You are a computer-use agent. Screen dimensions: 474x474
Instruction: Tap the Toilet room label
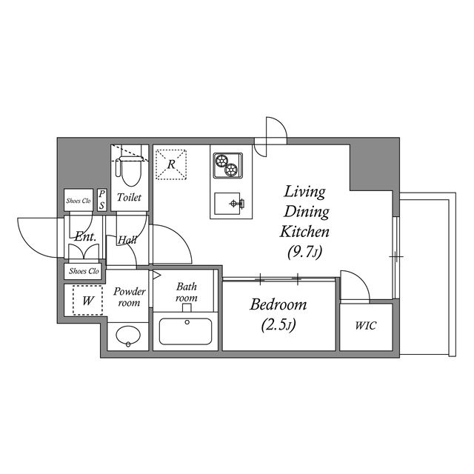129,198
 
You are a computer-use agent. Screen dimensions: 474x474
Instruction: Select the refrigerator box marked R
171,164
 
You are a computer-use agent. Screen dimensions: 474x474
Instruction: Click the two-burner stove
228,165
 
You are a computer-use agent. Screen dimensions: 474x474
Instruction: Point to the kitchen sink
229,204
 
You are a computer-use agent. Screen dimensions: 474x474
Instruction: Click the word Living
304,192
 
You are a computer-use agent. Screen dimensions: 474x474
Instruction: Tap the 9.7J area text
304,252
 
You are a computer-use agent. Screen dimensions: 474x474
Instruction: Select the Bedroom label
278,304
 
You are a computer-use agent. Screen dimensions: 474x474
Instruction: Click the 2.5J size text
278,325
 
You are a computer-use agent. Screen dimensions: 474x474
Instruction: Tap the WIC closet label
366,326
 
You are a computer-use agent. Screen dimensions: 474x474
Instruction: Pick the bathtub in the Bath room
185,331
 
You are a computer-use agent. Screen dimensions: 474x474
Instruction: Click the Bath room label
186,292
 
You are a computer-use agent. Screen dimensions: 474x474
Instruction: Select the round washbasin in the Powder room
128,336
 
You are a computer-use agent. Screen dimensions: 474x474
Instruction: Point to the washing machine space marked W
87,301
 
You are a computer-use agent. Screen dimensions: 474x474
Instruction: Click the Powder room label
130,297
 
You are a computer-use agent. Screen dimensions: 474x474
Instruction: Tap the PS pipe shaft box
102,200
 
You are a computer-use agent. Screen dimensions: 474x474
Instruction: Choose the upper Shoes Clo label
79,201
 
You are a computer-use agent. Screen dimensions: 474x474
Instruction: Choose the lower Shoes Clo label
84,271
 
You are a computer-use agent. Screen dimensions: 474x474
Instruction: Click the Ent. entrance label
85,236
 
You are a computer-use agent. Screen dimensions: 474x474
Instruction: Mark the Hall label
127,240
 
